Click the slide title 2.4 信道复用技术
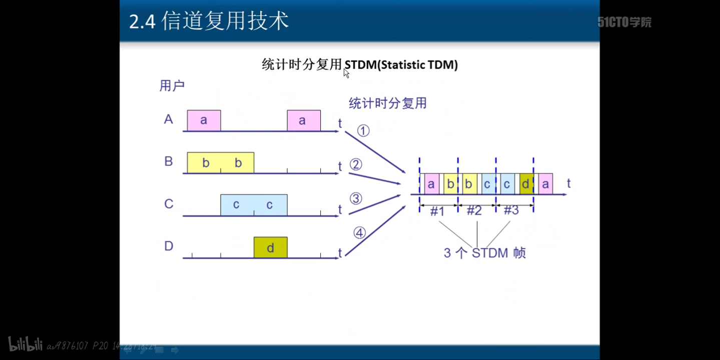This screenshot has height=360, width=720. (x=209, y=22)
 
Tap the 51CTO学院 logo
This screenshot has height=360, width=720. (x=624, y=22)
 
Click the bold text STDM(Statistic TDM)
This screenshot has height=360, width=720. (x=401, y=65)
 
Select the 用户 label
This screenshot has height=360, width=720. (x=172, y=85)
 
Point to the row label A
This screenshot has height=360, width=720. (x=169, y=119)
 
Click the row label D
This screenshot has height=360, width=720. (x=169, y=246)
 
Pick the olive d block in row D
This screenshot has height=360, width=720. (x=270, y=247)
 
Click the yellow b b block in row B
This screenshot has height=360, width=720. (x=221, y=162)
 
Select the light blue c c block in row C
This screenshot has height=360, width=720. (x=254, y=205)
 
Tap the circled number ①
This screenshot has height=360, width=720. (x=363, y=131)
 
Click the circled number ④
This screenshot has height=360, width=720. (x=360, y=233)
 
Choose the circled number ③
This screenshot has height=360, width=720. (x=356, y=198)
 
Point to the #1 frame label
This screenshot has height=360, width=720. (x=437, y=211)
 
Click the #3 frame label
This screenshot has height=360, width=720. (x=511, y=210)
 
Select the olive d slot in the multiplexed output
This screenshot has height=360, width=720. (x=526, y=184)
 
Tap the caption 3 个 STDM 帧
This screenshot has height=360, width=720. (x=484, y=253)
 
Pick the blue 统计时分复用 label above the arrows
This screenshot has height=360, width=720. (x=388, y=103)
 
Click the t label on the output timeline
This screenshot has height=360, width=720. (x=569, y=183)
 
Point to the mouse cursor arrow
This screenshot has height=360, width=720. (x=346, y=73)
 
